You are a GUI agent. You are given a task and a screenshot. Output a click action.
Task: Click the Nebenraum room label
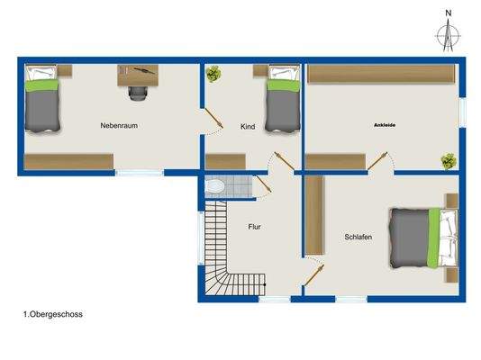(x=117, y=126)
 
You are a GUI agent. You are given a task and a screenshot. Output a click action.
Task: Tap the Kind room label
(x=248, y=128)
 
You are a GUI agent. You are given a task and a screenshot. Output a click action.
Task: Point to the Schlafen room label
(x=358, y=238)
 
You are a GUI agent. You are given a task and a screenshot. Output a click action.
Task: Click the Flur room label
(x=255, y=227)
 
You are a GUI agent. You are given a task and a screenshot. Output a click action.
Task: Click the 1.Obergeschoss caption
(x=53, y=315)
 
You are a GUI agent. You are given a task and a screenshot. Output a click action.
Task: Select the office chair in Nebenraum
(x=137, y=88)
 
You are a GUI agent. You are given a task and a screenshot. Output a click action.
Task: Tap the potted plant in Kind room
(x=214, y=76)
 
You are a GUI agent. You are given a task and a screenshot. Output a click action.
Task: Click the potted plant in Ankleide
(x=447, y=160)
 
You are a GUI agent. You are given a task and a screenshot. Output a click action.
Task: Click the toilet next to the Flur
(x=214, y=186)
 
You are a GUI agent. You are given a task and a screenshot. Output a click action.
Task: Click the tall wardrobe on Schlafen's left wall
(x=313, y=215)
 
